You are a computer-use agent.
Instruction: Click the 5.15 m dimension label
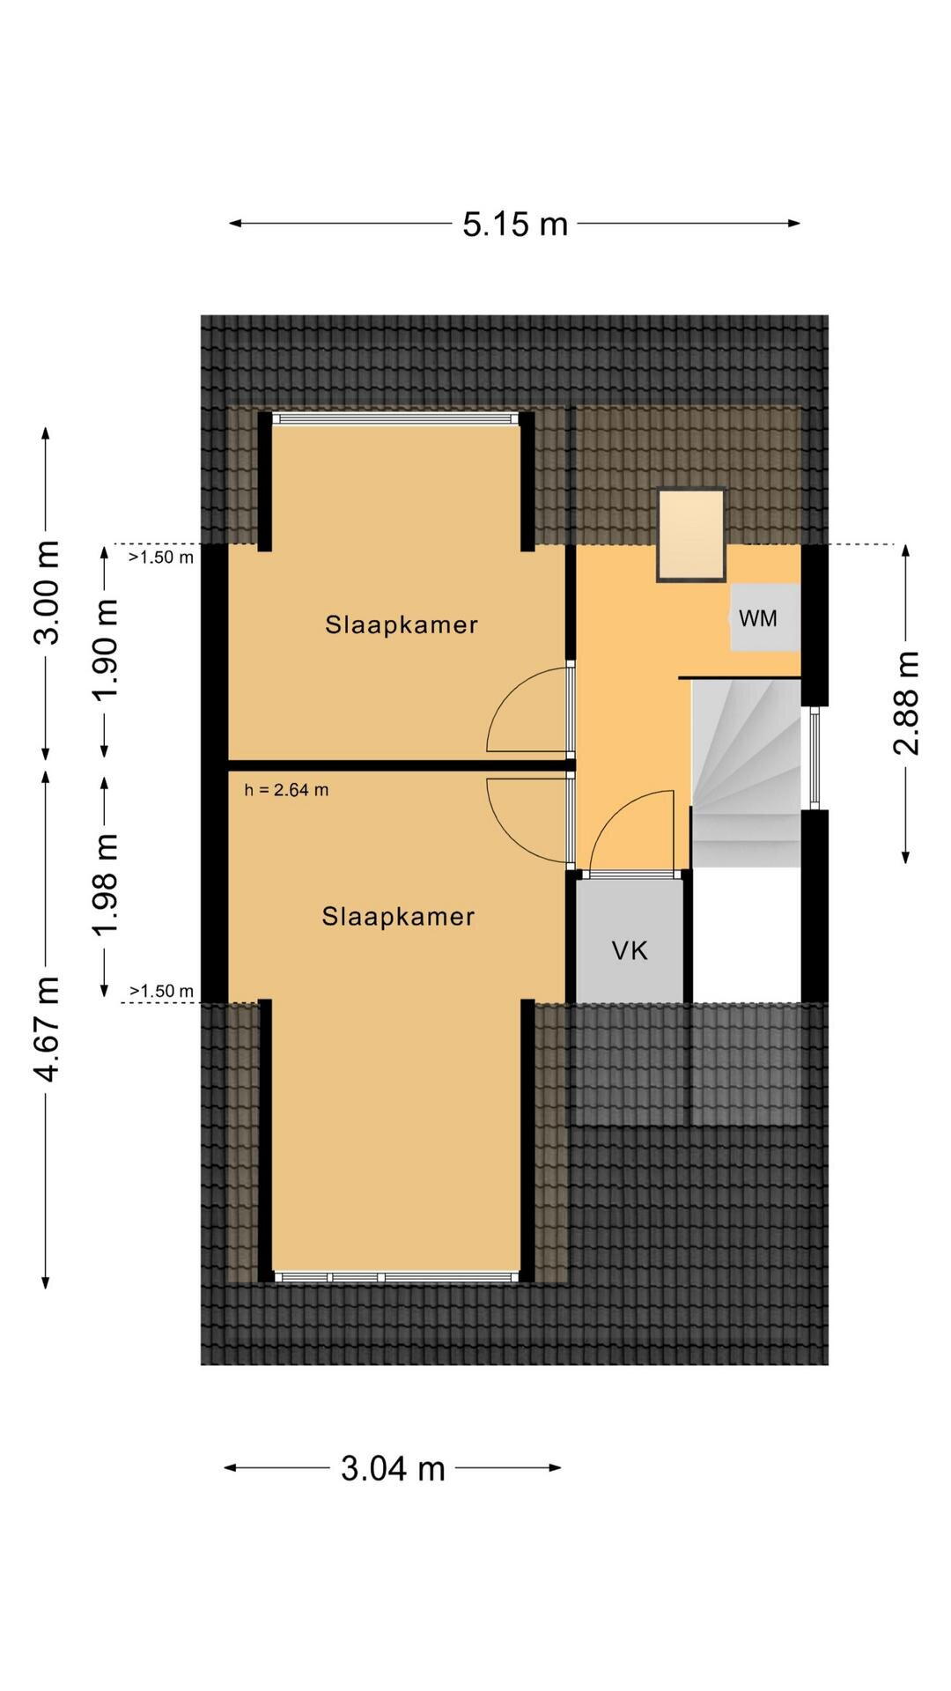(x=515, y=225)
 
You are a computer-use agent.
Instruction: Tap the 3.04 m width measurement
(x=393, y=1468)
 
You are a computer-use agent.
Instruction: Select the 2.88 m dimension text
(x=906, y=703)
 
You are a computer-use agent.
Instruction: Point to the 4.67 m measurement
(x=46, y=1029)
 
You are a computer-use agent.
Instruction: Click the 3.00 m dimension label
(x=46, y=592)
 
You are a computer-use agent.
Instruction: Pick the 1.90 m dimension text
(x=106, y=650)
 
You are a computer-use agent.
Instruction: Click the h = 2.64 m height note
(x=287, y=790)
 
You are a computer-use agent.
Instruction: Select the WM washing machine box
(x=764, y=617)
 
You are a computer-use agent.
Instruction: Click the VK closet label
(x=630, y=950)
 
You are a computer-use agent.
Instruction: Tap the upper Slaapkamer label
(x=401, y=624)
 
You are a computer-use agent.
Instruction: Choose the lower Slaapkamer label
(x=398, y=916)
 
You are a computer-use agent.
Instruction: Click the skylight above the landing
(x=691, y=535)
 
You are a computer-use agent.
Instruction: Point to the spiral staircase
(x=747, y=773)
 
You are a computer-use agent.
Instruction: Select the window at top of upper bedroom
(x=395, y=419)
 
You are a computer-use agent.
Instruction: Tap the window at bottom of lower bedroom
(x=395, y=1276)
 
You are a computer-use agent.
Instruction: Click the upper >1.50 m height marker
(x=161, y=557)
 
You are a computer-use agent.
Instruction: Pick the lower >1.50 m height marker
(x=161, y=991)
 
